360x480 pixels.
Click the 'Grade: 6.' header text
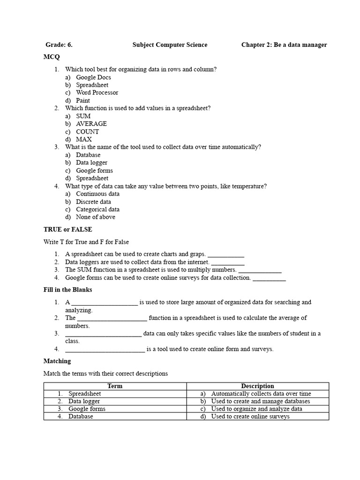click(59, 45)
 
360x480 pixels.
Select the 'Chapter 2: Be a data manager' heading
click(284, 45)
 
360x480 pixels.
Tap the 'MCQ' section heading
click(52, 57)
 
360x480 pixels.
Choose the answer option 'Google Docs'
click(93, 77)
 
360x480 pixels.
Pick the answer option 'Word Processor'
click(97, 93)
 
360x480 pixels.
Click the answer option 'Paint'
click(83, 100)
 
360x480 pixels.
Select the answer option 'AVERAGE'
click(91, 124)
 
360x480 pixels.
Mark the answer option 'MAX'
click(84, 139)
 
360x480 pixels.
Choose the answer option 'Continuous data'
click(97, 194)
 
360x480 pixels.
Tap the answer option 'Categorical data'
click(97, 210)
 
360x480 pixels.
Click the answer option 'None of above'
click(95, 217)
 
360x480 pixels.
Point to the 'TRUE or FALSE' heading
click(67, 230)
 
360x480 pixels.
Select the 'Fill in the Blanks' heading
click(67, 290)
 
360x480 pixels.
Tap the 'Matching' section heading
click(57, 361)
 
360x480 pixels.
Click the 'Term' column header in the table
click(115, 386)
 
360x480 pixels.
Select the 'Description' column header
click(257, 386)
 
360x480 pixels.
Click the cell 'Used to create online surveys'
click(250, 416)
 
